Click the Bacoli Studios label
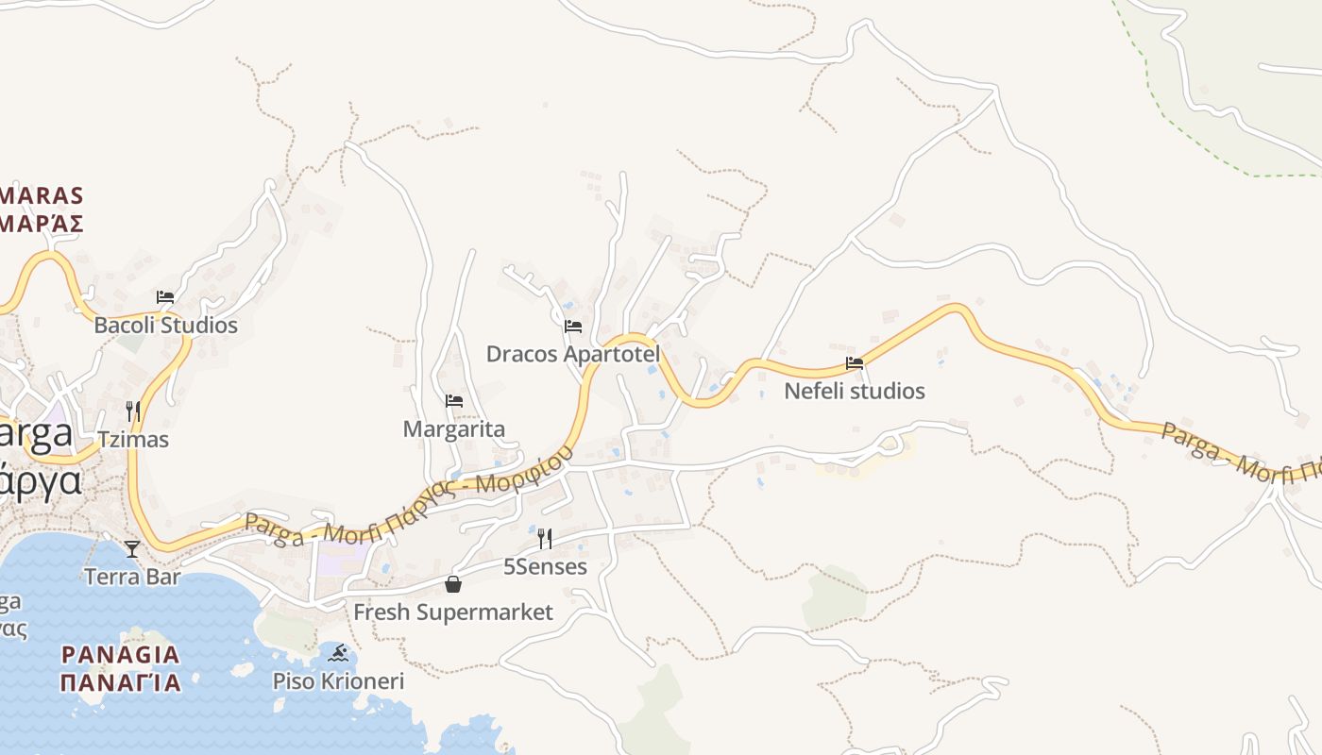[165, 326]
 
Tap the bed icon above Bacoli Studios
[165, 296]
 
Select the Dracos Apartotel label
[572, 354]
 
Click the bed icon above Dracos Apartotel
[572, 327]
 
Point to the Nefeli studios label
[855, 391]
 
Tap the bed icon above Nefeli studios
[855, 362]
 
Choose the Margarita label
[454, 429]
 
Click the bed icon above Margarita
[454, 401]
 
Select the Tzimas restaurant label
[133, 440]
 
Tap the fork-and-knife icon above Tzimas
[133, 411]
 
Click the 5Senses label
[545, 567]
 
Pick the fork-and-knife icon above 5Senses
[545, 539]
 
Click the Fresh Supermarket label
[453, 612]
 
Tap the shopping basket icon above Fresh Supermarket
[453, 584]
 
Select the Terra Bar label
[132, 577]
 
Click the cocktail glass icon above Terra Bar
[132, 548]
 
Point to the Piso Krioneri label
[338, 681]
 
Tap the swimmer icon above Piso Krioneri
[338, 653]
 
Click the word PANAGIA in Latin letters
[120, 654]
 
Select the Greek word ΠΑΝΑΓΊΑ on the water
[120, 681]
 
